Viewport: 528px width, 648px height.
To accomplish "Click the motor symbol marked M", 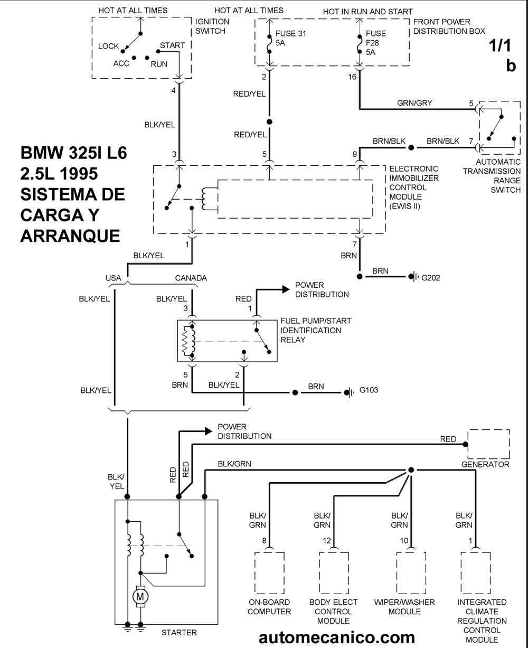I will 140,596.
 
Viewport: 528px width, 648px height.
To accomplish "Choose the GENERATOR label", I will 485,465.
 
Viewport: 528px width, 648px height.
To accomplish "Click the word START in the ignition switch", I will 172,45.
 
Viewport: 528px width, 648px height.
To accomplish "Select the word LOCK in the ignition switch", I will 108,46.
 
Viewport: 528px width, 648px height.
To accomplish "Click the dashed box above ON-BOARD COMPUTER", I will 270,574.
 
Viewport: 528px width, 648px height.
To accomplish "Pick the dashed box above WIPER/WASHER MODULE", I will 411,574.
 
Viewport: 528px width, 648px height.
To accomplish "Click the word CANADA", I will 191,278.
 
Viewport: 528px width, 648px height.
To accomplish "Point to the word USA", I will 114,278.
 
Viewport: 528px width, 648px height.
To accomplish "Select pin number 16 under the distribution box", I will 353,77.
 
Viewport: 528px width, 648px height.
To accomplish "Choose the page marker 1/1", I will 502,47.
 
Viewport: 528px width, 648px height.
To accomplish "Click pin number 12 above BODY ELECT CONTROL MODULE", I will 328,540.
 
